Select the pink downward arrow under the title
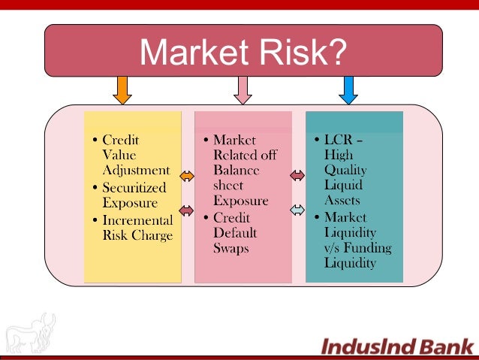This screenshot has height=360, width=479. [242, 89]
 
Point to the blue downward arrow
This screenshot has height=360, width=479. [347, 89]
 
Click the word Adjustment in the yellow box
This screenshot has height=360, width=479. [136, 170]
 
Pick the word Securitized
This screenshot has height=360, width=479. [136, 187]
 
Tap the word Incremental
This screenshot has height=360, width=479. [137, 220]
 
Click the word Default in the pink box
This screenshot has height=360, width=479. [235, 233]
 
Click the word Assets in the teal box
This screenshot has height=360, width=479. [342, 201]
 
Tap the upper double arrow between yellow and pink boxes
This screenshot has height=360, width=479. [187, 177]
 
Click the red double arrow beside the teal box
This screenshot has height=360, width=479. [297, 175]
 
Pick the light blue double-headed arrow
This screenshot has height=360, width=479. [297, 209]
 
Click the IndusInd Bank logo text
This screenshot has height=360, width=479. [398, 346]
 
